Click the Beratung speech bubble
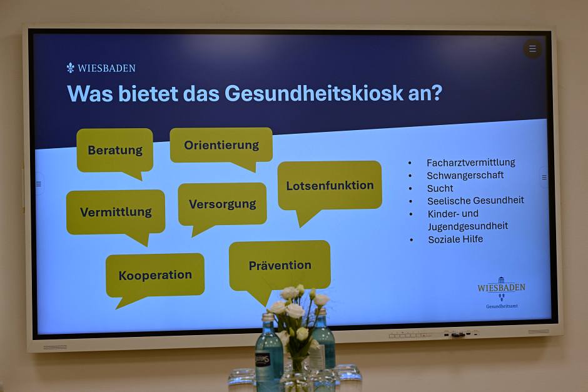click(x=114, y=151)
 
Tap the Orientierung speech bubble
click(x=221, y=146)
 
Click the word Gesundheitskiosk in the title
click(x=314, y=93)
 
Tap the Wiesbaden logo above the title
click(x=101, y=68)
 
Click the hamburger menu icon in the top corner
click(x=532, y=49)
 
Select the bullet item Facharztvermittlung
click(x=470, y=163)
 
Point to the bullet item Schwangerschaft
click(x=465, y=176)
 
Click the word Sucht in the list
click(x=440, y=188)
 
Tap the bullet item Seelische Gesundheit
click(x=475, y=201)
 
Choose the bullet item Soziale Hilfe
click(x=455, y=239)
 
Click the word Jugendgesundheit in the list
click(x=468, y=226)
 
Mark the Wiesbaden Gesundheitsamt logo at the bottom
click(x=502, y=293)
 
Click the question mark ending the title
click(x=437, y=93)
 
